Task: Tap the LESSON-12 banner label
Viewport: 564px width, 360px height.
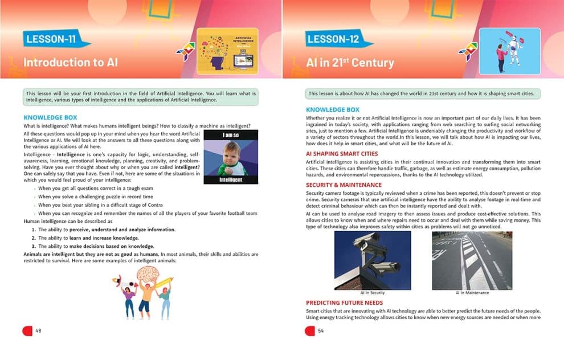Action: pyautogui.click(x=336, y=39)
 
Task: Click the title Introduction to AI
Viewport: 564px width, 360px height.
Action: pyautogui.click(x=71, y=62)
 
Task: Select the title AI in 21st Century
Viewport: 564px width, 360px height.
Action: pyautogui.click(x=350, y=62)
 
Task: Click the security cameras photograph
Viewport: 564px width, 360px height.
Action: pyautogui.click(x=372, y=260)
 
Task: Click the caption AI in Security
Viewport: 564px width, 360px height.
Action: pyautogui.click(x=372, y=293)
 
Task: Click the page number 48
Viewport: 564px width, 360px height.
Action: pyautogui.click(x=39, y=330)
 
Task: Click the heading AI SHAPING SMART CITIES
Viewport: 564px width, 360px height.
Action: pyautogui.click(x=341, y=154)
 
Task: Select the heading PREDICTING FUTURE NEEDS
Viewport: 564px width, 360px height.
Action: pyautogui.click(x=344, y=302)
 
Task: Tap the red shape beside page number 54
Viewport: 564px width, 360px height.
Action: pyautogui.click(x=310, y=331)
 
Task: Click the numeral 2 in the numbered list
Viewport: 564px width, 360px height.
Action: pyautogui.click(x=33, y=238)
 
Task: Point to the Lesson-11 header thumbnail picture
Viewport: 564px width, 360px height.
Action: pyautogui.click(x=227, y=51)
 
